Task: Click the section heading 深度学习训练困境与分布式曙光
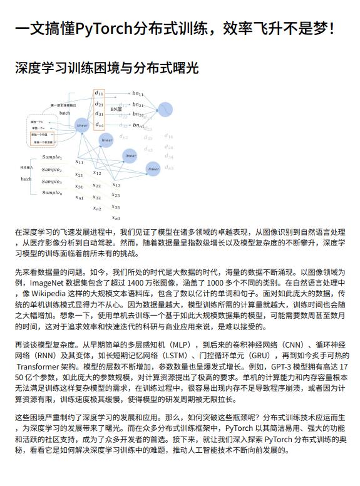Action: point(106,68)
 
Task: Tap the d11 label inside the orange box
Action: point(99,94)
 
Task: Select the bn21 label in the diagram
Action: point(138,105)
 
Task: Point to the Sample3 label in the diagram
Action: point(51,182)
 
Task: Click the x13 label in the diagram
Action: point(116,185)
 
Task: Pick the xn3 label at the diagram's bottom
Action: point(116,217)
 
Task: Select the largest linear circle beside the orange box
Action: point(81,125)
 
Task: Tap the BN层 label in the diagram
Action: point(116,109)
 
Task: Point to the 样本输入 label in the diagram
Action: point(26,168)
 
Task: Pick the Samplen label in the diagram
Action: point(51,193)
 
